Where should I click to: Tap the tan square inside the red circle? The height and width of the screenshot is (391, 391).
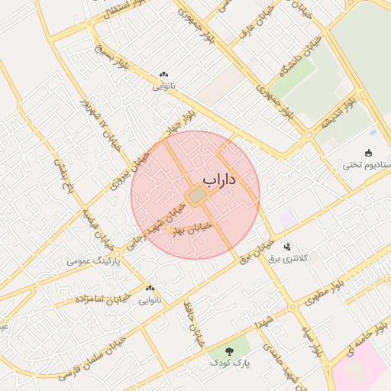(x=197, y=196)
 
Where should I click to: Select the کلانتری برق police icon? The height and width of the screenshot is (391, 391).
(x=288, y=247)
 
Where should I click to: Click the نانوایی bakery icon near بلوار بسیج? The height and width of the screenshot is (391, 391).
(x=163, y=75)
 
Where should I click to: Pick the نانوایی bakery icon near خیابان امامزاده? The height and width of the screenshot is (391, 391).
(x=150, y=289)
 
